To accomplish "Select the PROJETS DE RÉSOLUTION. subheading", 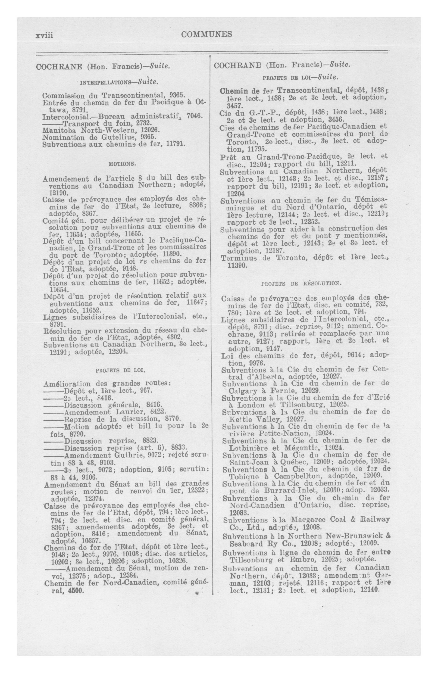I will pos(302,283).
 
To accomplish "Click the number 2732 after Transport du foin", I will pos(144,123).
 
